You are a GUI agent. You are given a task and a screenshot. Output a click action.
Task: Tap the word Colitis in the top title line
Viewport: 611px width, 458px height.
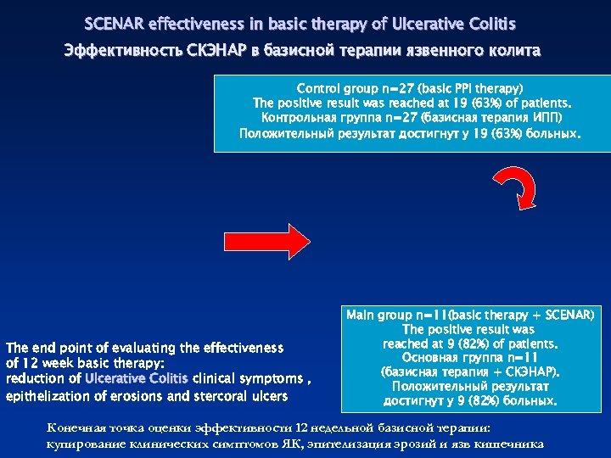click(x=488, y=23)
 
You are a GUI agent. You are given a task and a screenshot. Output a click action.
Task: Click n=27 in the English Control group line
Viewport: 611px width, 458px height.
click(x=402, y=88)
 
